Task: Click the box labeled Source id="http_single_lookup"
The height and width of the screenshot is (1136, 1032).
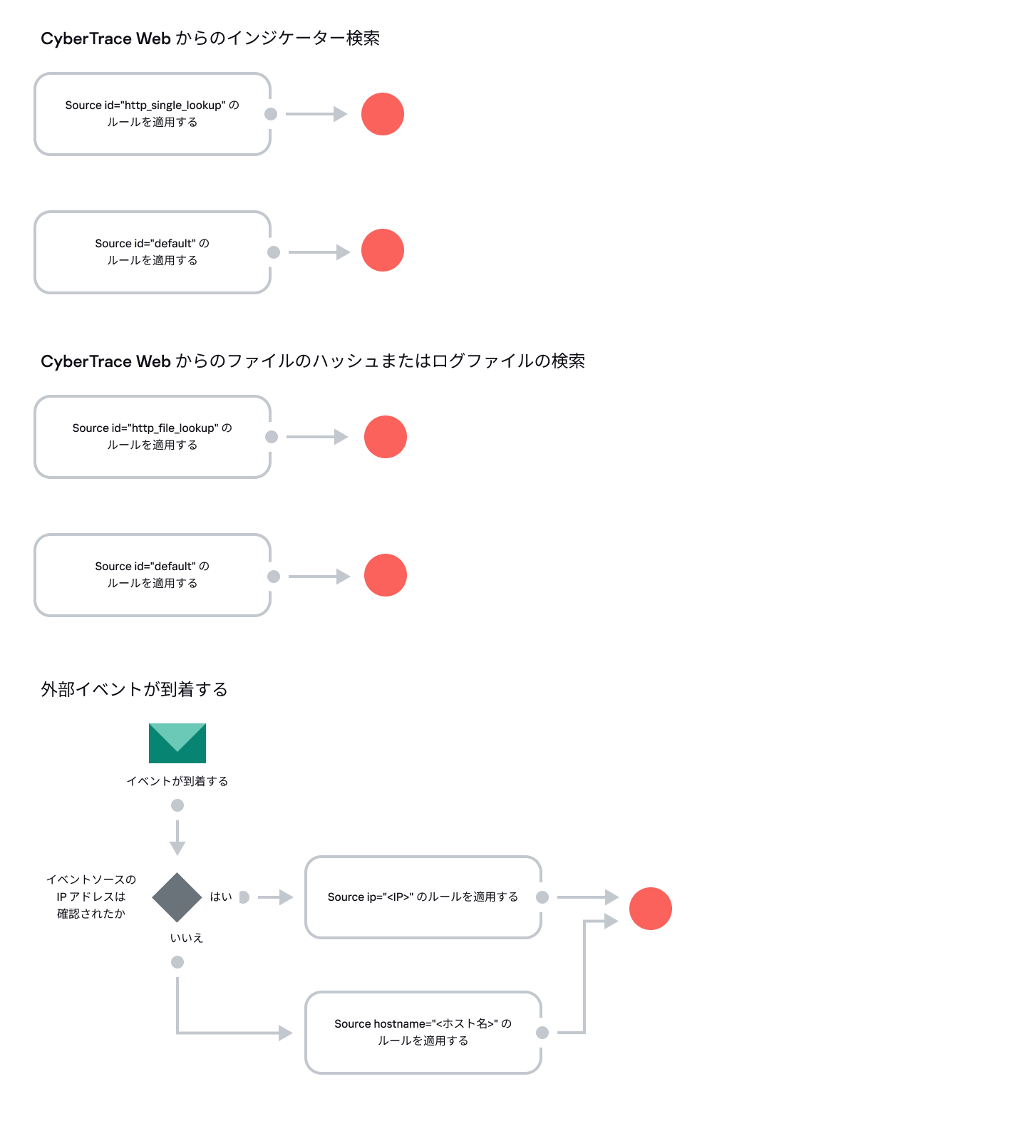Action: pyautogui.click(x=153, y=114)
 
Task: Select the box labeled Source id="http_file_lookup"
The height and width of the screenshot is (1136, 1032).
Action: pyautogui.click(x=153, y=437)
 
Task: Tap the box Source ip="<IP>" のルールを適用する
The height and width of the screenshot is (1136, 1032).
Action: pyautogui.click(x=423, y=897)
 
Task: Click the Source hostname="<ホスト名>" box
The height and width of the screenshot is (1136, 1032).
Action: pyautogui.click(x=423, y=1032)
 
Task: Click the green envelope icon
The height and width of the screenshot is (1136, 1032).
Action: pyautogui.click(x=177, y=743)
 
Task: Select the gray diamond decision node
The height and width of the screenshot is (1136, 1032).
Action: pyautogui.click(x=177, y=897)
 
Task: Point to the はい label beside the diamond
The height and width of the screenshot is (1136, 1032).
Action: pyautogui.click(x=221, y=897)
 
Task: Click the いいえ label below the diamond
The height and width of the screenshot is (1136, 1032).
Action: pyautogui.click(x=187, y=938)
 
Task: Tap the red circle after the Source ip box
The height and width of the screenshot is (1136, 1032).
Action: pyautogui.click(x=650, y=909)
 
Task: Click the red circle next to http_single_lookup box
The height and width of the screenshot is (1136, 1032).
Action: pyautogui.click(x=383, y=114)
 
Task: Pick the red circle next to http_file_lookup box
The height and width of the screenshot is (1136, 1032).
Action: pyautogui.click(x=386, y=437)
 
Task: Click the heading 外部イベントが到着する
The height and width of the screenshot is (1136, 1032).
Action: pyautogui.click(x=134, y=689)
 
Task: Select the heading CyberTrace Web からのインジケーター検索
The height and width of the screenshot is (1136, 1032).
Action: pyautogui.click(x=210, y=38)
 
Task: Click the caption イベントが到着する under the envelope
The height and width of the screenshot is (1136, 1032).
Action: pyautogui.click(x=177, y=781)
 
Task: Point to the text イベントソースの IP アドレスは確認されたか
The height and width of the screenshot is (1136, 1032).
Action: pyautogui.click(x=91, y=897)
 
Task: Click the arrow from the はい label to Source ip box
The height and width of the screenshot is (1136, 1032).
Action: pyautogui.click(x=275, y=897)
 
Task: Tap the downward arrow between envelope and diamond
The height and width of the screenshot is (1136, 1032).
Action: pyautogui.click(x=177, y=837)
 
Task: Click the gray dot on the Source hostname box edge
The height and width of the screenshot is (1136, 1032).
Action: pyautogui.click(x=542, y=1033)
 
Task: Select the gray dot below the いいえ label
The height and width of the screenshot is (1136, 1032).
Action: pyautogui.click(x=177, y=962)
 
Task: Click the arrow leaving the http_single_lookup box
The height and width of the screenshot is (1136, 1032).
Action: pyautogui.click(x=316, y=114)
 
